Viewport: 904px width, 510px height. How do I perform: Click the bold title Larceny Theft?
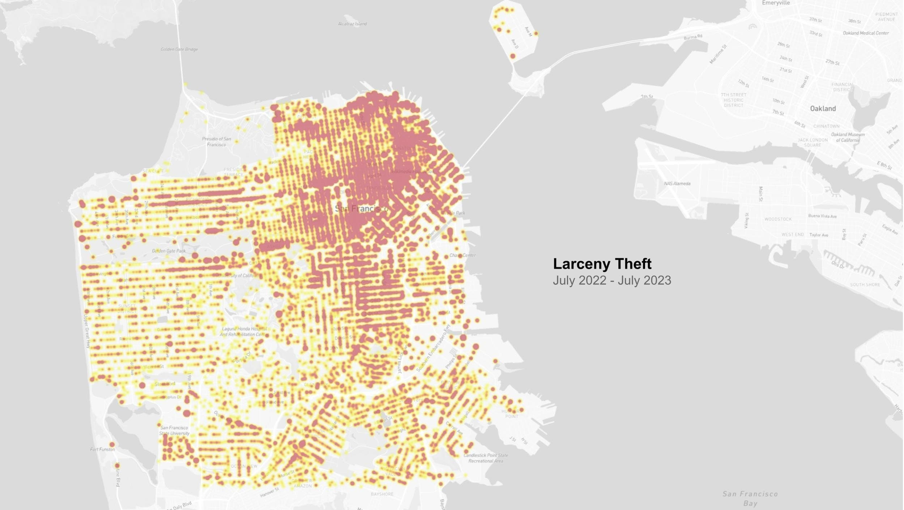click(x=602, y=264)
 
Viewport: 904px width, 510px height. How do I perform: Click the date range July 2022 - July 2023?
click(x=612, y=281)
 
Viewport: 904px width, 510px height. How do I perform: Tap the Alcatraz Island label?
click(x=352, y=24)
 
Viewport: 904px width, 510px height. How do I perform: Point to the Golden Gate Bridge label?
click(x=179, y=49)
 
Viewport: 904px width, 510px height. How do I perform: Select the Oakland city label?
click(x=823, y=109)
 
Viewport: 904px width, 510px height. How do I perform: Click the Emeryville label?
click(x=776, y=3)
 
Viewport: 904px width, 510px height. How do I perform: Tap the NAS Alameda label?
click(x=677, y=184)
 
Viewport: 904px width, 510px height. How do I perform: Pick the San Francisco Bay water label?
click(x=750, y=498)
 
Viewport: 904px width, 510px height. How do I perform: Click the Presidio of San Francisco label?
click(x=216, y=142)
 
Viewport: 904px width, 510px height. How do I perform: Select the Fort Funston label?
click(x=103, y=449)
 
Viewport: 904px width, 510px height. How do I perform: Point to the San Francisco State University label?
click(x=174, y=430)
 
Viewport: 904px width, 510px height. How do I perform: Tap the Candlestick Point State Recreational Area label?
click(x=486, y=458)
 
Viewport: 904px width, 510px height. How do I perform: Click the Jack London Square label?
click(x=813, y=143)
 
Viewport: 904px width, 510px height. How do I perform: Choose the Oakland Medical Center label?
click(x=866, y=33)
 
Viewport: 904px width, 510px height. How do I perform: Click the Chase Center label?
click(x=462, y=255)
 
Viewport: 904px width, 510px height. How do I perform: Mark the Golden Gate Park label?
click(x=169, y=251)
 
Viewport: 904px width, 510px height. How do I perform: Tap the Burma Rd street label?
click(x=693, y=37)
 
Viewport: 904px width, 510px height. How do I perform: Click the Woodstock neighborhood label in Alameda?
click(x=778, y=219)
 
